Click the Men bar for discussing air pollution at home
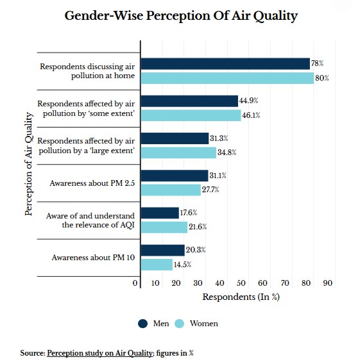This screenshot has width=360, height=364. [x=225, y=64]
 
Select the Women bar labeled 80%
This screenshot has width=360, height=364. [x=227, y=78]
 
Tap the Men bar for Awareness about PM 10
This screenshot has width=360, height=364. [x=163, y=251]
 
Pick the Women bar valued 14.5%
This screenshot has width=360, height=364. [x=157, y=265]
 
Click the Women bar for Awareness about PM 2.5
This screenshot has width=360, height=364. [x=171, y=190]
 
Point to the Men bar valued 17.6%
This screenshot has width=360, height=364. [x=160, y=213]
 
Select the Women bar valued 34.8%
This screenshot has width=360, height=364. [x=178, y=153]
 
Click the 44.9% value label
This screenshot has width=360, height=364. [x=249, y=101]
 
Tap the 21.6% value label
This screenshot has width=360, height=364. [x=198, y=227]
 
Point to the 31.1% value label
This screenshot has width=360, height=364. [x=218, y=176]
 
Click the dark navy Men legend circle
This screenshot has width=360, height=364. [x=142, y=324]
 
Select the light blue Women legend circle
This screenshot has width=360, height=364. [x=179, y=324]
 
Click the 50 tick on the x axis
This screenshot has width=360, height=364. [x=241, y=283]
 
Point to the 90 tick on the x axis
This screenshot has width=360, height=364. [x=328, y=283]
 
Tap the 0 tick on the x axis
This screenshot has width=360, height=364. [x=135, y=283]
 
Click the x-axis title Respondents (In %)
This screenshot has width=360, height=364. [x=241, y=297]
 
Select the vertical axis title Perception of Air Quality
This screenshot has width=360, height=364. [x=29, y=164]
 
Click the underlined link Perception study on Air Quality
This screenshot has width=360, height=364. [x=100, y=353]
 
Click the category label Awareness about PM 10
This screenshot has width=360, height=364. [x=93, y=258]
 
